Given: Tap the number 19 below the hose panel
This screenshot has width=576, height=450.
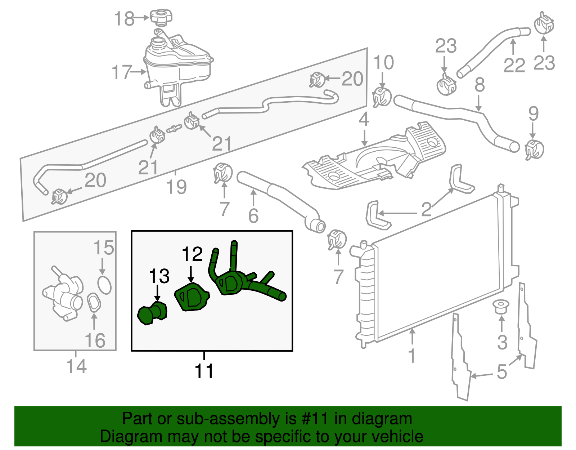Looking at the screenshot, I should click(x=176, y=187).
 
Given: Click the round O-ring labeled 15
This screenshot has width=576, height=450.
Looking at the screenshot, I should click(x=104, y=285).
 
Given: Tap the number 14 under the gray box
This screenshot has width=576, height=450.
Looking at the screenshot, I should click(x=76, y=366).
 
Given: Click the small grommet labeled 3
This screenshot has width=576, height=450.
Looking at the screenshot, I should click(x=501, y=306).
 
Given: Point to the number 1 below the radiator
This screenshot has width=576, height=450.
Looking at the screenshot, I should click(x=412, y=355).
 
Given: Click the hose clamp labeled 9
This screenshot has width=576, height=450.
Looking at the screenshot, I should click(x=534, y=149).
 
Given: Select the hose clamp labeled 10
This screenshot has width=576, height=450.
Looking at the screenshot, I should click(x=382, y=97).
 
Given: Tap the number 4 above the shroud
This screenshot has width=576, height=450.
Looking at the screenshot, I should click(x=364, y=119).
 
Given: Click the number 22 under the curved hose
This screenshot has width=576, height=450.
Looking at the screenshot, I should click(x=514, y=65).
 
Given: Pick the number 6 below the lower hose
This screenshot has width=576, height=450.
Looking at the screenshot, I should click(x=253, y=215).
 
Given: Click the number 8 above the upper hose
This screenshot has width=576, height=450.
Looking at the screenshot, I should click(x=480, y=85).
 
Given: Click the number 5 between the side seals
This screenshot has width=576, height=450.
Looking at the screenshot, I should click(x=501, y=372).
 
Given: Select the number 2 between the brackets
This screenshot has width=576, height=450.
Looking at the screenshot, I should click(x=426, y=209).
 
